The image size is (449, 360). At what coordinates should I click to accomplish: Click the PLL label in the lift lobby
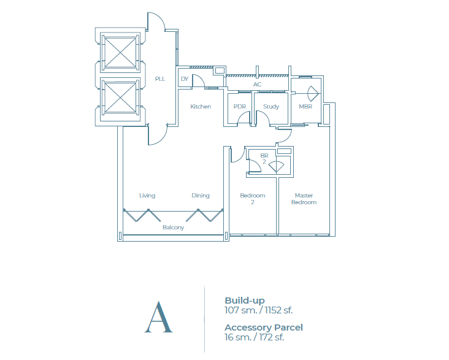point(160,79)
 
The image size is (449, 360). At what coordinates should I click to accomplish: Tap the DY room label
point(185,79)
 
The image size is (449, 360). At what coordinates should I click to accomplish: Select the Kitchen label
point(201,107)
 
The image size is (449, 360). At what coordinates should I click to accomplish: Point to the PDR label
point(240,107)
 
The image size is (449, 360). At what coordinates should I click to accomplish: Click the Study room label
point(271,107)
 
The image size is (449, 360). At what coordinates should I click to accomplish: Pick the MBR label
point(305,107)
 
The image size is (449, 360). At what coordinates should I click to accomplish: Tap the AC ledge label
point(257,84)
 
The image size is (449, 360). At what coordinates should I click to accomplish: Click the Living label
point(147,196)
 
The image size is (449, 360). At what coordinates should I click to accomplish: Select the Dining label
point(201,196)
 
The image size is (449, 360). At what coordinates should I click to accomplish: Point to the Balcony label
point(173,228)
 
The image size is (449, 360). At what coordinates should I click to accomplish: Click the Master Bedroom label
point(304,199)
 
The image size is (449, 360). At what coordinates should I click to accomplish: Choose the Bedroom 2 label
point(252,199)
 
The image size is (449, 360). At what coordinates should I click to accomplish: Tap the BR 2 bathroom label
point(264,159)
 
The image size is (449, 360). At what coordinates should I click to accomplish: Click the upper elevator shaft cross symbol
point(120,52)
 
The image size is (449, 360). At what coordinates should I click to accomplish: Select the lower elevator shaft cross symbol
point(120,98)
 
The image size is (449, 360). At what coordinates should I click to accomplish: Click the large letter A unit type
point(159,317)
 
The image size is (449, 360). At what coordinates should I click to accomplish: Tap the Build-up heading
point(245,301)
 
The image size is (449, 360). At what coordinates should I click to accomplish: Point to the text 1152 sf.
point(278,310)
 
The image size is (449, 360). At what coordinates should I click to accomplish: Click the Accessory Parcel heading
point(263,327)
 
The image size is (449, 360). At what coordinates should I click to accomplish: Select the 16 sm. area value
point(238,337)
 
